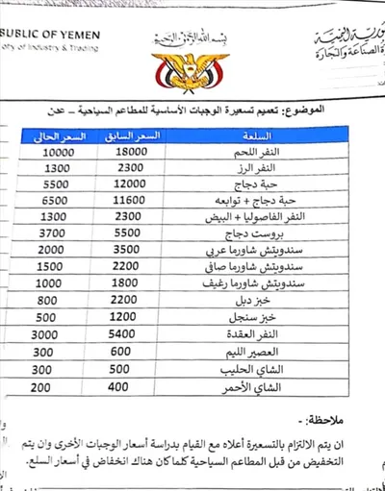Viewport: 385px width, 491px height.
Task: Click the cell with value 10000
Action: click(60, 152)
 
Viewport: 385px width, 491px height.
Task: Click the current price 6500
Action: click(60, 199)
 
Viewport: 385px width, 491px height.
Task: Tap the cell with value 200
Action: click(60, 385)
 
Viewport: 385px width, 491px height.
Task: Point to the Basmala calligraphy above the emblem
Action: click(193, 37)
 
